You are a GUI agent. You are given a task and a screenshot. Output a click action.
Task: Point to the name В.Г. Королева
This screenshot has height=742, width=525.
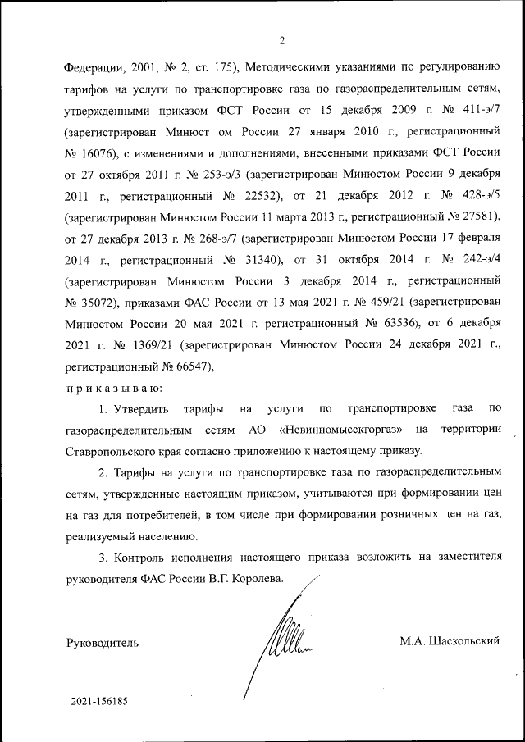click(245, 579)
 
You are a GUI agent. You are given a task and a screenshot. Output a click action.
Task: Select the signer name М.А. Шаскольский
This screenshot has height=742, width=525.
click(450, 640)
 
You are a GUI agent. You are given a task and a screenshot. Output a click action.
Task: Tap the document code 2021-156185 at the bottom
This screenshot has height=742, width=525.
click(99, 703)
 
